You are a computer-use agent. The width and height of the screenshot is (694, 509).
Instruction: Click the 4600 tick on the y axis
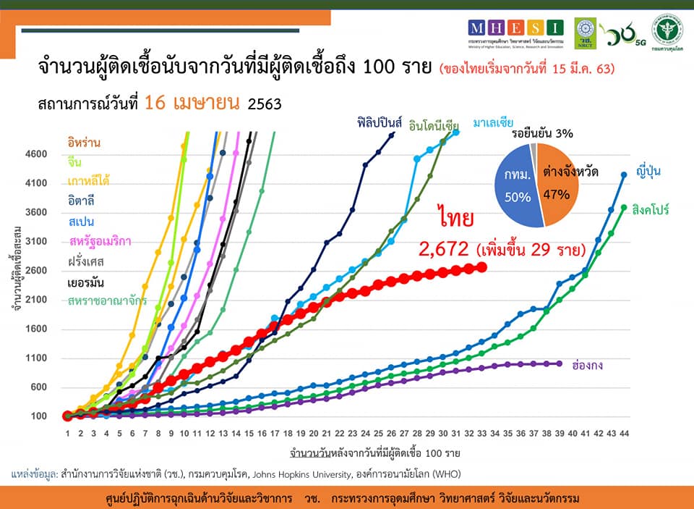[x=38, y=154]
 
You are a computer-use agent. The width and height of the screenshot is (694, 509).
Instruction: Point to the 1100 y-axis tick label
[x=38, y=358]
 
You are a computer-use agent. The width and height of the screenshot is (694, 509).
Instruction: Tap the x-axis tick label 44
[x=623, y=434]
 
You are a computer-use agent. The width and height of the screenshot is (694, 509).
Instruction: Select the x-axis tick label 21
[x=327, y=434]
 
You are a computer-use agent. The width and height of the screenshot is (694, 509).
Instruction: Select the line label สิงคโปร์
[x=650, y=209]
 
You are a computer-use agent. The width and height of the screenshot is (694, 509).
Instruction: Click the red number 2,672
[x=443, y=251]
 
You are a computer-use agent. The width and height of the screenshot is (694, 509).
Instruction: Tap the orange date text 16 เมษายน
[x=192, y=103]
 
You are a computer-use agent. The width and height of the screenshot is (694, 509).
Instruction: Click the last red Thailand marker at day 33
[x=481, y=267]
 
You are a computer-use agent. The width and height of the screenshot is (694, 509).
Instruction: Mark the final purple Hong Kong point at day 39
[x=560, y=363]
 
